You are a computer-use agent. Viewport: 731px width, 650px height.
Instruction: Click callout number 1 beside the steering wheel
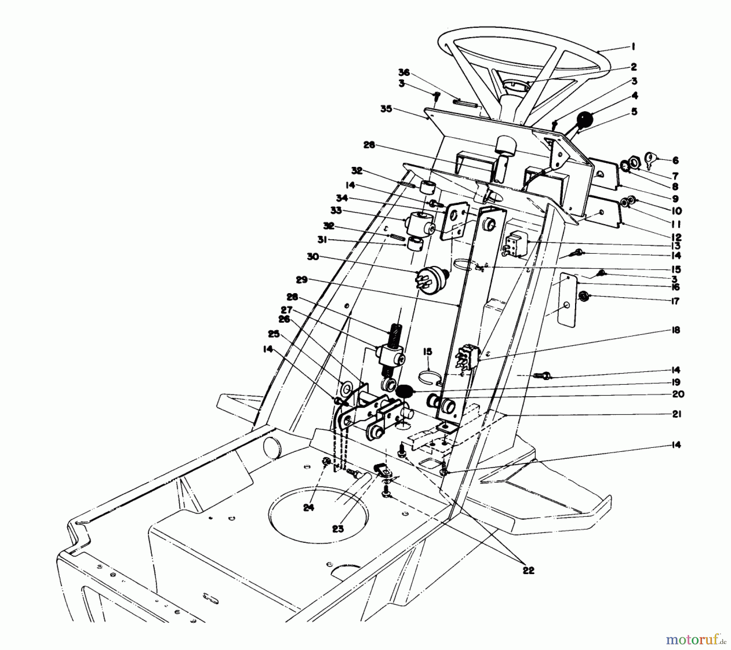633,47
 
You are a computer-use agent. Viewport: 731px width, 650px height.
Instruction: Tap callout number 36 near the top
404,73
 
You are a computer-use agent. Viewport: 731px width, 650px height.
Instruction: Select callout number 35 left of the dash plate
386,109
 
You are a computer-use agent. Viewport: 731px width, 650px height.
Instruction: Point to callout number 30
313,257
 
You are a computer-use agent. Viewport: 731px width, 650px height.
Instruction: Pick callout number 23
338,529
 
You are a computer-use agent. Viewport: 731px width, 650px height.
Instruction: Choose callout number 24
309,507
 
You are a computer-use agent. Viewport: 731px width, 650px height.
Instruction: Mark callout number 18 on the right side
675,330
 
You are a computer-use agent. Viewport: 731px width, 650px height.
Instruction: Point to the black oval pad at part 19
404,392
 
